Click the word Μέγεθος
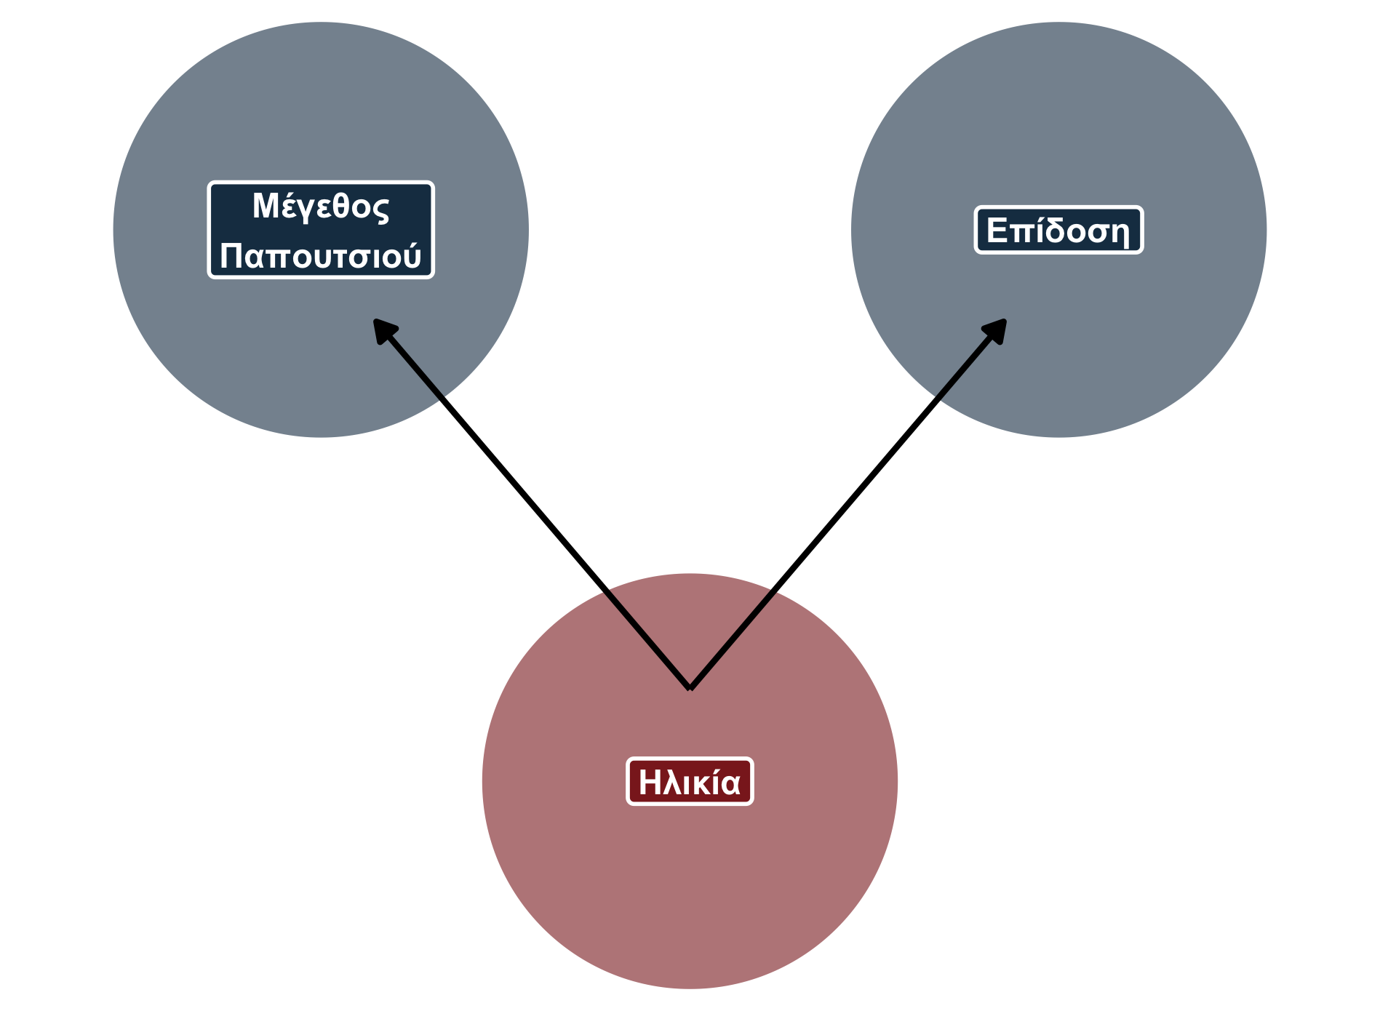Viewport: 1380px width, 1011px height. pyautogui.click(x=321, y=207)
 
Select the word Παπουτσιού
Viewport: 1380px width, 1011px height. pyautogui.click(x=321, y=256)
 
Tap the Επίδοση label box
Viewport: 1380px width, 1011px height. pyautogui.click(x=1058, y=231)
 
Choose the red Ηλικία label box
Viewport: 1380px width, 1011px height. pyautogui.click(x=690, y=782)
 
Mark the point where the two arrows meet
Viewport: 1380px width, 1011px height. pyautogui.click(x=690, y=687)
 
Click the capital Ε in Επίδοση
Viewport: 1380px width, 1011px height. pyautogui.click(x=997, y=231)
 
